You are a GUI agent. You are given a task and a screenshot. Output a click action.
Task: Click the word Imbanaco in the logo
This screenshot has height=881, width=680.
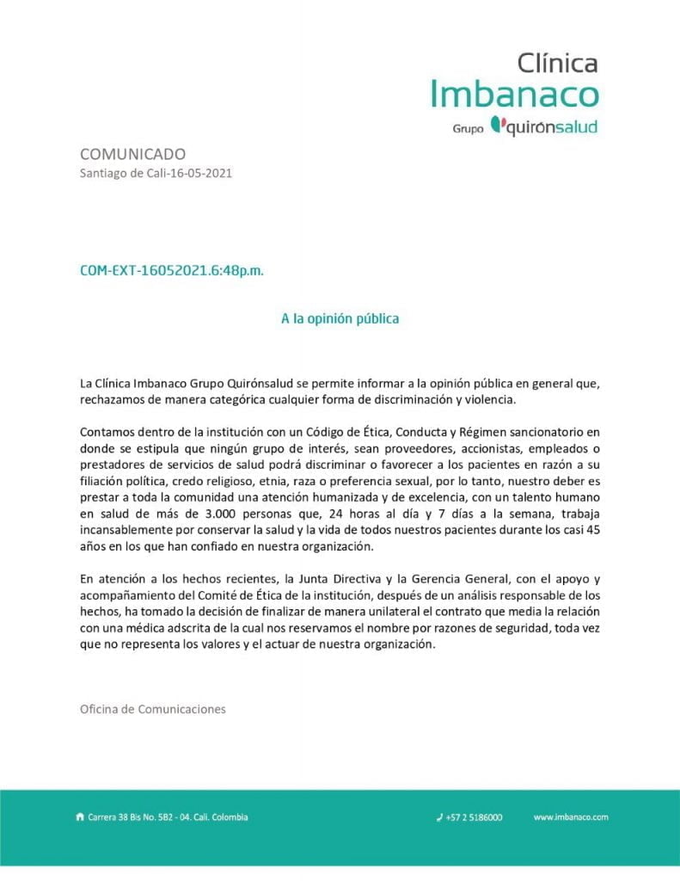(513, 94)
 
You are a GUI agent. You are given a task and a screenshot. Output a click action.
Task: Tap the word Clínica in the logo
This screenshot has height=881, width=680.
(557, 62)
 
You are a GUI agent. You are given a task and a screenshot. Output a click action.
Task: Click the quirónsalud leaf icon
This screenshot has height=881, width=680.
(496, 125)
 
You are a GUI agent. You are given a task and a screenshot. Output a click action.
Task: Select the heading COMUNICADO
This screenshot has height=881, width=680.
(132, 154)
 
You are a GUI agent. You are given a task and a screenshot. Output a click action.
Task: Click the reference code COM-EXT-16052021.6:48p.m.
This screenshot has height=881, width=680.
(172, 270)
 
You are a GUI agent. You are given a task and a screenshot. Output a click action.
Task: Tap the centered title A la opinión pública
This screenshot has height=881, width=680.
(340, 318)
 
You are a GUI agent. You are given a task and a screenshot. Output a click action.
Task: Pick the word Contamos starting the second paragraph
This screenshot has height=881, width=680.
(106, 432)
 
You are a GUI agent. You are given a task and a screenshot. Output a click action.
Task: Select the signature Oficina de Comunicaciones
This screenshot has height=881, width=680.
(152, 710)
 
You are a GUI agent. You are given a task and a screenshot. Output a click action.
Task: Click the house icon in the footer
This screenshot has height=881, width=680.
(80, 817)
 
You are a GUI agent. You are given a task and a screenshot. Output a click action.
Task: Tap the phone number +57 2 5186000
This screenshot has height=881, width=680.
(474, 817)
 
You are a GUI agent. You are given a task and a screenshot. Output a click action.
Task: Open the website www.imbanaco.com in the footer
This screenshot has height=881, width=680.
(571, 817)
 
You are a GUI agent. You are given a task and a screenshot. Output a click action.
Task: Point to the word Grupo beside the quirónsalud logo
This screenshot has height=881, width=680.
(468, 128)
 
